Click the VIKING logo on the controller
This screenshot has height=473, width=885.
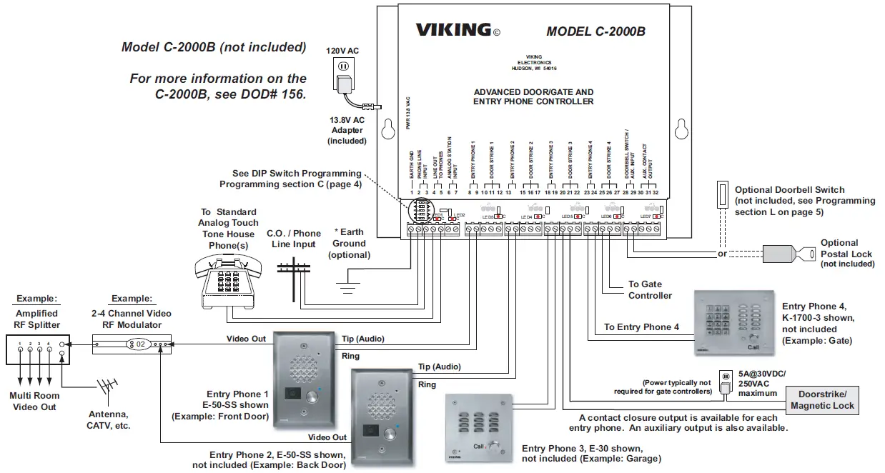tap(453, 30)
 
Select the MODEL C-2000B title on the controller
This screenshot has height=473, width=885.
tap(595, 31)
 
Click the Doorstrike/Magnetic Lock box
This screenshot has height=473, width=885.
tap(823, 400)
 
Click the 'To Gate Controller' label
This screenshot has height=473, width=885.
tap(650, 289)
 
